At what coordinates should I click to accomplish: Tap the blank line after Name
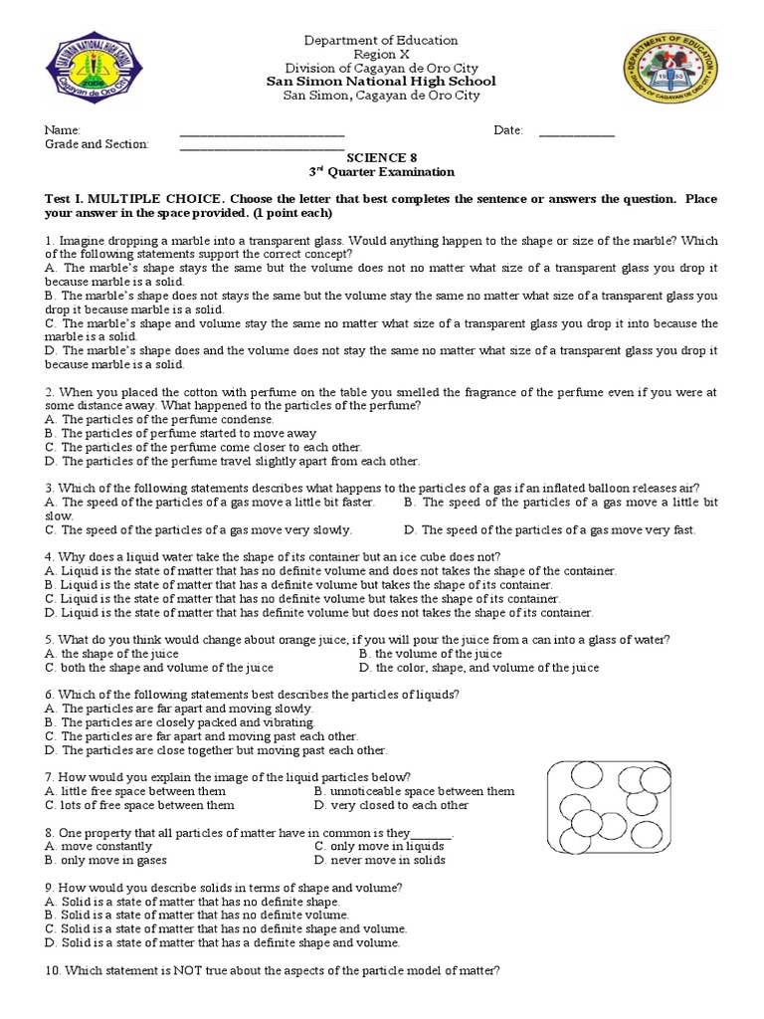tap(262, 131)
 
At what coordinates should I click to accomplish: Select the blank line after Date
tap(576, 131)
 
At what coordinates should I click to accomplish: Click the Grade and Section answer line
tap(262, 145)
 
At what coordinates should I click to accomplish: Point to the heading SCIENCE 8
tap(375, 158)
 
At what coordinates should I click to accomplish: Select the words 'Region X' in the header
tap(381, 55)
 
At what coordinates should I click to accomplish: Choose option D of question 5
tap(479, 668)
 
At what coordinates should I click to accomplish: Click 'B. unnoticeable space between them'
tap(414, 791)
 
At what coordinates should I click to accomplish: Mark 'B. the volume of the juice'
tap(431, 654)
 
